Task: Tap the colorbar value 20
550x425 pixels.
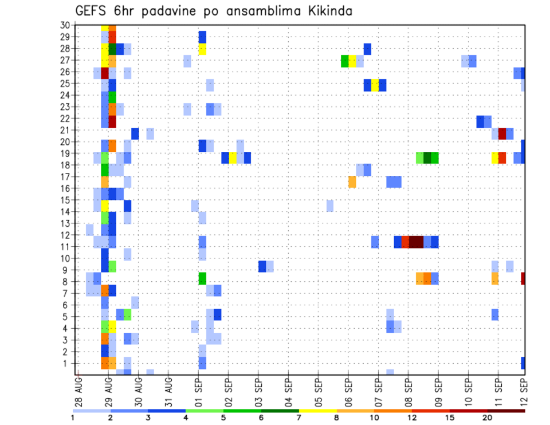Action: click(487, 418)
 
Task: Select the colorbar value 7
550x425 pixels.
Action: click(298, 418)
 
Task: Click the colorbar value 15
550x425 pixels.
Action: click(449, 418)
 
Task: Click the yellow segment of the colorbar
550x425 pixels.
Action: click(317, 410)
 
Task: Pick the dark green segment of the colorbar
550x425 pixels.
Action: click(280, 410)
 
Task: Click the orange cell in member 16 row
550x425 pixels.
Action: click(352, 182)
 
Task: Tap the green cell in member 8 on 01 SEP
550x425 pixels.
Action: click(202, 278)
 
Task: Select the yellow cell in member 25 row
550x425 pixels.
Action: click(375, 85)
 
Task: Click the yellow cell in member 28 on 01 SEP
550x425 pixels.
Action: click(202, 49)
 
